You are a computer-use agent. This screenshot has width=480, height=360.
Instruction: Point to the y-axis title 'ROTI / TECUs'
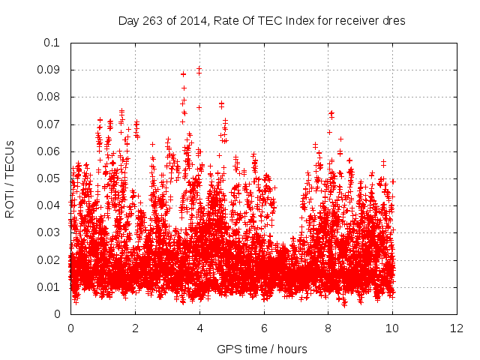coord(10,178)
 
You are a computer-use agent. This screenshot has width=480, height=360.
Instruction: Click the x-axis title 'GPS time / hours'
coord(262,349)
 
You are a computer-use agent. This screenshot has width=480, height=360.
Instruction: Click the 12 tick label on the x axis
coord(456,328)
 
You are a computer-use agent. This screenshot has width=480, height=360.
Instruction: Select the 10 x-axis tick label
coord(391,328)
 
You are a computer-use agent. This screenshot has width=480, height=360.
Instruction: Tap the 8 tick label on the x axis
coord(328,328)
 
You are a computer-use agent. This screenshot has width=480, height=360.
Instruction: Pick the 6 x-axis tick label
coord(263,328)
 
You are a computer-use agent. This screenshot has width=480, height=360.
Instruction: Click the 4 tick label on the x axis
coord(199,328)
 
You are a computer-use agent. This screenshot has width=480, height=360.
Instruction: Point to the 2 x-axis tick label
coord(135,328)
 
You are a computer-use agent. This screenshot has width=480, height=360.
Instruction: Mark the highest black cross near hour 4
coord(199,69)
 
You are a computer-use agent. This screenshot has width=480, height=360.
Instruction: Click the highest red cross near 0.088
coord(183,74)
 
